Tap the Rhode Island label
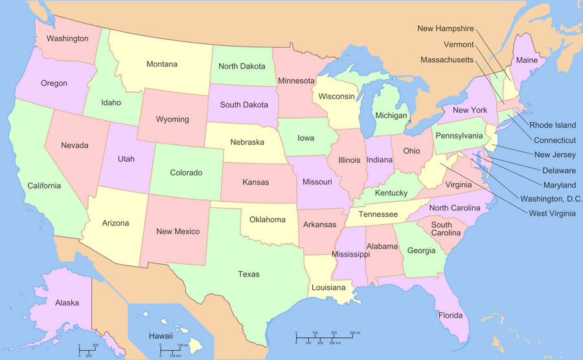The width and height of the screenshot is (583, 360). coord(553,125)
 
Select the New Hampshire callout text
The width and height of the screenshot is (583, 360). coord(446,28)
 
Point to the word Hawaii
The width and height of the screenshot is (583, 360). coord(161,336)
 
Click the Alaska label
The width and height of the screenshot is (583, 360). coord(67,302)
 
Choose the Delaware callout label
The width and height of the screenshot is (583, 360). coord(555,170)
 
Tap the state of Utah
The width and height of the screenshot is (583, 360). coord(126,159)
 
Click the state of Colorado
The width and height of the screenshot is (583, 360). coord(186,172)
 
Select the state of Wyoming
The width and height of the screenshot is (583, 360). coord(172,119)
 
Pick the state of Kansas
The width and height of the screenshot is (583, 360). coord(255,182)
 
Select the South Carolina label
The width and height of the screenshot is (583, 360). coord(442,229)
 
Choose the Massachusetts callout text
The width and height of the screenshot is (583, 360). coord(448,60)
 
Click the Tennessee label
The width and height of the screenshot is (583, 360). coord(378,214)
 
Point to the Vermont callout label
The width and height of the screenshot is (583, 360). coord(459,45)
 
